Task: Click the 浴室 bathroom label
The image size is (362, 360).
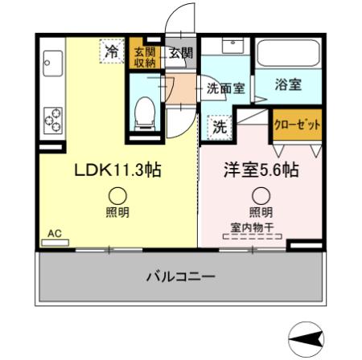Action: [x=289, y=84]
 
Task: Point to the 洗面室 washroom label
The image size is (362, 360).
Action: [x=225, y=88]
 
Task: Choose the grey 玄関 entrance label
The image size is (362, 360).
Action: [x=180, y=54]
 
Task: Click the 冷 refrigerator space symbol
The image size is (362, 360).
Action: [x=112, y=51]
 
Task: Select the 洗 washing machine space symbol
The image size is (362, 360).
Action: [x=219, y=125]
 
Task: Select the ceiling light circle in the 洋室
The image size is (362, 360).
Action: [x=260, y=194]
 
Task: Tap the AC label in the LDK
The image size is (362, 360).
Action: [x=55, y=234]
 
